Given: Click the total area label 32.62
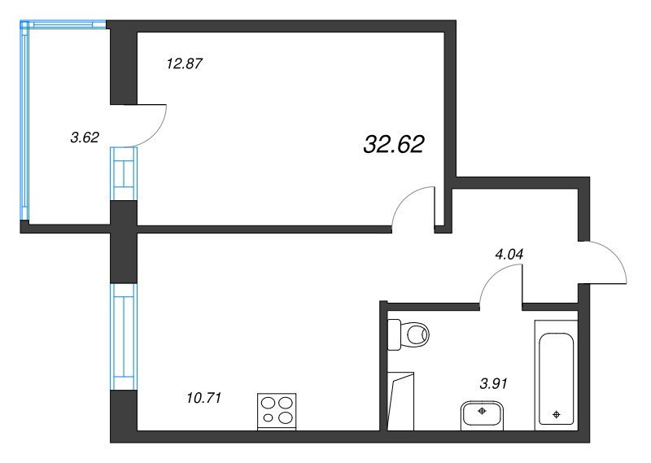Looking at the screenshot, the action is pos(394,145).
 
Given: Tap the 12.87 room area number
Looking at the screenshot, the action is pos(185,64).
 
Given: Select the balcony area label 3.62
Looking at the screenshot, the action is pos(85,137).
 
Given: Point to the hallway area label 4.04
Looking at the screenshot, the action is pos(509,254).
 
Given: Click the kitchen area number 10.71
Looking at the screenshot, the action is pos(204,398).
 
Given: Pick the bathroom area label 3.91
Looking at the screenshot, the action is pos(493,384).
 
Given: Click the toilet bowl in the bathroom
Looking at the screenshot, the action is pos(417,334).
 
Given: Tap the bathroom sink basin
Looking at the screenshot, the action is pos(482,415).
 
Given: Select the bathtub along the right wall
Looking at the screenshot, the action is pos(556,375).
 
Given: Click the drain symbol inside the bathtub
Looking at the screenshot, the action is pos(557,414).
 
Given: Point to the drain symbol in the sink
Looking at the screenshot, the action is pos(482,411).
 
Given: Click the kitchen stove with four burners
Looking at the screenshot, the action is pos(277,412).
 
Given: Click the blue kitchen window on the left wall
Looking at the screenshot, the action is pos(124,337).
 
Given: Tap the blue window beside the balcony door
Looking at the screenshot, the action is pos(124,173).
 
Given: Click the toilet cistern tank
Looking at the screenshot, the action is pos(395,334).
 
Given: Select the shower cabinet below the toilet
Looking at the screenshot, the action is pos(400,401).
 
